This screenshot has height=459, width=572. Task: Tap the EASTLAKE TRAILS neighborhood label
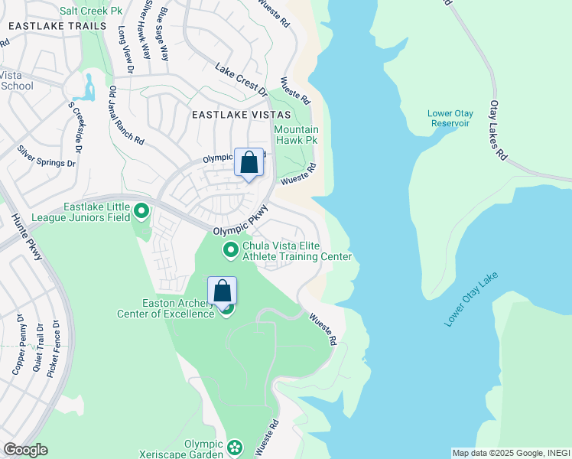[x=57, y=26]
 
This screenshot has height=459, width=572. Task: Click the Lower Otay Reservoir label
[x=450, y=119]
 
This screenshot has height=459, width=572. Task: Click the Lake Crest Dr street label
[x=242, y=80]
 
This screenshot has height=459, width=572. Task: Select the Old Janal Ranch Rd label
[x=126, y=115]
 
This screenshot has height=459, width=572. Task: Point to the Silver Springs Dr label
[x=47, y=156]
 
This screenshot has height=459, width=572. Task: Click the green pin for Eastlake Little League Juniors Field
[x=141, y=210]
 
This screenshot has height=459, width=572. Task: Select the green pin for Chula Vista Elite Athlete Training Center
[x=230, y=250]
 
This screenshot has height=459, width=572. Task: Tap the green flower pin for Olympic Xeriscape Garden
[x=235, y=447]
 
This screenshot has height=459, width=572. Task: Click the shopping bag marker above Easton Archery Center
[x=222, y=291]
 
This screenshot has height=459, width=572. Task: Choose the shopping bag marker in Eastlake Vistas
[x=249, y=162]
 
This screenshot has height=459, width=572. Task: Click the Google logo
[x=25, y=450]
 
